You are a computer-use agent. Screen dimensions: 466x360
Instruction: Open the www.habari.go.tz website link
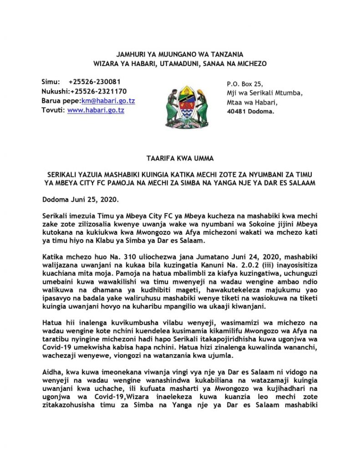(96, 110)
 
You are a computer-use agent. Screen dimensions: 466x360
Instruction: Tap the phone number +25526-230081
(94, 81)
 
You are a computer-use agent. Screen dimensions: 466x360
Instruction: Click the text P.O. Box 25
(245, 84)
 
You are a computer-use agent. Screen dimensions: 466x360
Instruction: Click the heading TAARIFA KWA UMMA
(180, 159)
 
